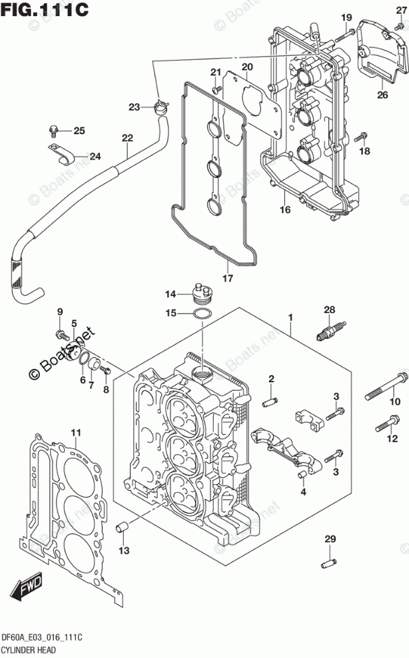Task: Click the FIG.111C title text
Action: pos(45,9)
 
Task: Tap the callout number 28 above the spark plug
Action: pos(329,310)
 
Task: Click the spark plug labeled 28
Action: pos(330,330)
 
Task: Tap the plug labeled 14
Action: pos(203,292)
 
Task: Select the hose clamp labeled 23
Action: pos(160,107)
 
